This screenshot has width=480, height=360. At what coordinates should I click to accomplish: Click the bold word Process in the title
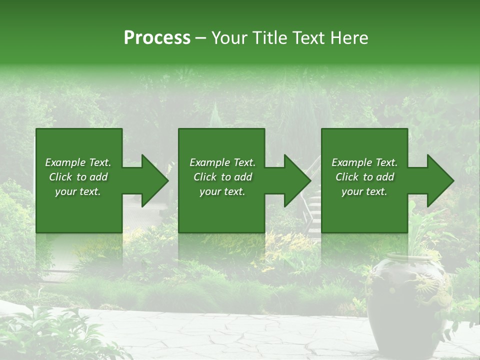[157, 38]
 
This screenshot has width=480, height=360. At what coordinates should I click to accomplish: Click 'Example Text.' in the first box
[78, 162]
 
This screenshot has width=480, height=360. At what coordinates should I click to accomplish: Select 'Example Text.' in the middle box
[222, 162]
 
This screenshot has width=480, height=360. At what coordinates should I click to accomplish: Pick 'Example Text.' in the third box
[364, 162]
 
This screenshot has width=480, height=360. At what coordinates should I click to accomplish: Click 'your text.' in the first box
[78, 191]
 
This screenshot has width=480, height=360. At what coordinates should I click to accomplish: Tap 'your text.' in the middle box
[222, 191]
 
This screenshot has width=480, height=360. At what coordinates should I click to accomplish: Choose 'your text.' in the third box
[364, 191]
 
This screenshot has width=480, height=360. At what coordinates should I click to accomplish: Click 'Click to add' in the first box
[78, 177]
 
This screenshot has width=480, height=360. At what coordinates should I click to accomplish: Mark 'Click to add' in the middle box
[222, 177]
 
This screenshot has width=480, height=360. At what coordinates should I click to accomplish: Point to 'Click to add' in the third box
[364, 177]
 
